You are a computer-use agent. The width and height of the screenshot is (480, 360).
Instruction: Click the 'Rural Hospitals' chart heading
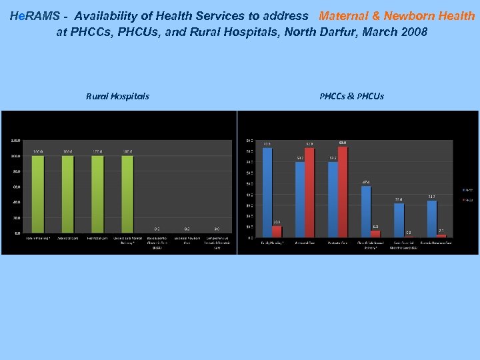coord(117,96)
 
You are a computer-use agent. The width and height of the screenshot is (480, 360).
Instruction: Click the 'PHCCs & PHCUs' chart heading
coord(351,96)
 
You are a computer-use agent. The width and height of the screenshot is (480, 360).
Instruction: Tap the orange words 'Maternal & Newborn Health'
coord(397,15)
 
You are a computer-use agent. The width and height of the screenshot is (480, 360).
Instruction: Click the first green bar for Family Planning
coord(38,194)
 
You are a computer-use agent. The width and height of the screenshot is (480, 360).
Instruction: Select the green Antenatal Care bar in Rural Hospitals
coord(67,194)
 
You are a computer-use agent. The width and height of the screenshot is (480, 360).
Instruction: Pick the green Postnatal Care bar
coord(97,194)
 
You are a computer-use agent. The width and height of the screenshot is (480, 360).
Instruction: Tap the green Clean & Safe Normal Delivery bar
coord(127,194)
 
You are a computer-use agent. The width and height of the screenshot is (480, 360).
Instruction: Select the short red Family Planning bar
coord(277,231)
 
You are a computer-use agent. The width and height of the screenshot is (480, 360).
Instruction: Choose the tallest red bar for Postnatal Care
coord(343,191)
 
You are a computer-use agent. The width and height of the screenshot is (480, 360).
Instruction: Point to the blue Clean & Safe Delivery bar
coord(366,211)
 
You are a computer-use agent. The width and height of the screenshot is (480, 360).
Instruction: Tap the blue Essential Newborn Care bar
coord(432,219)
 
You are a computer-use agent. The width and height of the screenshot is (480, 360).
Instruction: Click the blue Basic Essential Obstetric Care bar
coord(399,220)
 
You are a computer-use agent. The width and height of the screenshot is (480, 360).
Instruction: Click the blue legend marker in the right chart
coord(464,190)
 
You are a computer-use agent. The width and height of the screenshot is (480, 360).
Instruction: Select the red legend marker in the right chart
coord(464,199)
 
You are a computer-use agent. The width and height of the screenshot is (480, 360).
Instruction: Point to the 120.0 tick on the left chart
coord(15,141)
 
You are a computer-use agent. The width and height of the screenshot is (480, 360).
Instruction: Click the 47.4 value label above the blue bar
coord(366,182)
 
